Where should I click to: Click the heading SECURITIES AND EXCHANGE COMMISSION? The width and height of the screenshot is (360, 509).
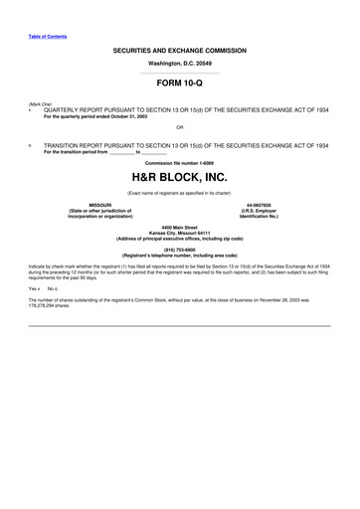[180, 48]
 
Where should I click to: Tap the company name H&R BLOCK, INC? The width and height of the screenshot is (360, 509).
[180, 175]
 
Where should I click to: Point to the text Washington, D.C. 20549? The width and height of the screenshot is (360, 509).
[180, 63]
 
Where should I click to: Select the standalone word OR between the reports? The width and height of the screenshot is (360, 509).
[179, 127]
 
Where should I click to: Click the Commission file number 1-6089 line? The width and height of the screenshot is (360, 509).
[180, 162]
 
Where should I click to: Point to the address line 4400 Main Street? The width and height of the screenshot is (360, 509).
[180, 228]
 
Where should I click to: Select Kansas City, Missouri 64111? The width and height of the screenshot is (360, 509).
[180, 234]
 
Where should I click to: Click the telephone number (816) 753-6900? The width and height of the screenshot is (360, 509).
[180, 251]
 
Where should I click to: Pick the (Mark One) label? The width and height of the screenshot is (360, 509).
[41, 103]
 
